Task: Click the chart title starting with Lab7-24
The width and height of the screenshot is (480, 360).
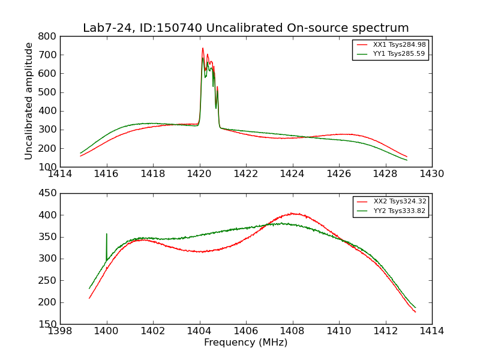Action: pos(246,28)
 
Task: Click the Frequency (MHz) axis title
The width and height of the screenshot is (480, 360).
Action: pos(246,343)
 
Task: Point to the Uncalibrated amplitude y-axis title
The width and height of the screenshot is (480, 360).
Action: pos(29,101)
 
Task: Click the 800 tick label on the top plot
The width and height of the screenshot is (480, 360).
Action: pos(49,37)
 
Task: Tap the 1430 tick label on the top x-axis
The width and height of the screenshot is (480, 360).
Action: pos(431,174)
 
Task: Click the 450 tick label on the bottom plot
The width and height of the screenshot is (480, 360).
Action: pos(49,194)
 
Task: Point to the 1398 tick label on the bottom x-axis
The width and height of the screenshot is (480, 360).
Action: pos(61,331)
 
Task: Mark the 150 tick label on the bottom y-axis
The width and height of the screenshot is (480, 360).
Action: pos(49,324)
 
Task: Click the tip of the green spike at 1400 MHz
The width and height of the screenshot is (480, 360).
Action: pos(107,234)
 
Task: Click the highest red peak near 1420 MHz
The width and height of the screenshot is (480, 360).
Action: pos(203,49)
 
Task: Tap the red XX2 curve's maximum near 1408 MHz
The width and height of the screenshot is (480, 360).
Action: pos(292,213)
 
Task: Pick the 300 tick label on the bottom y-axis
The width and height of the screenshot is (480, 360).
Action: pos(49,259)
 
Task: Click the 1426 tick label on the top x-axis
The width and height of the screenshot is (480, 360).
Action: pos(339,174)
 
